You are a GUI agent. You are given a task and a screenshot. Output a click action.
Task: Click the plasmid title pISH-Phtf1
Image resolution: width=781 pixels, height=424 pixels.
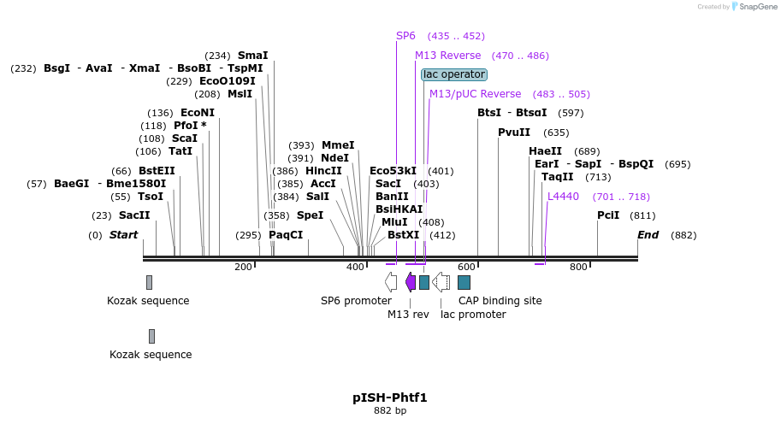389,397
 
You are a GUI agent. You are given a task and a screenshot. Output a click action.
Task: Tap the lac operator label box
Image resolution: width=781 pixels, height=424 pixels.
454,74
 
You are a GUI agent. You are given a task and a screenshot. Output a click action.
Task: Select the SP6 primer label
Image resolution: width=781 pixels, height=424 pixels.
405,36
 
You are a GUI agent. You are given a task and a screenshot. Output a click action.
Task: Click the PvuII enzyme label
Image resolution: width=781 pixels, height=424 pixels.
514,132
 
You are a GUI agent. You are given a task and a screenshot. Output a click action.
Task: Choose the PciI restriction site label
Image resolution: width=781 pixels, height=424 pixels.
608,215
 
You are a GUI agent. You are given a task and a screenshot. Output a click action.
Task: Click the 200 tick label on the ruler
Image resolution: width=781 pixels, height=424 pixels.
243,267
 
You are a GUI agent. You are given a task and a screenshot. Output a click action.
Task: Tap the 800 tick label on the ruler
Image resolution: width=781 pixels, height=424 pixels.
578,267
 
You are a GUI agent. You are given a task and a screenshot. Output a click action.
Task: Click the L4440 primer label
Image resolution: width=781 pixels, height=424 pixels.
563,197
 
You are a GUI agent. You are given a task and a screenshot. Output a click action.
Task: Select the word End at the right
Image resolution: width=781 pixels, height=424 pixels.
648,235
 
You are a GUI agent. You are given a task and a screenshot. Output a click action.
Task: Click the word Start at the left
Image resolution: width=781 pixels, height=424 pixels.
123,235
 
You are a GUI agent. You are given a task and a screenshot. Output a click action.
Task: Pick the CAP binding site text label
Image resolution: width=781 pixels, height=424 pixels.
500,301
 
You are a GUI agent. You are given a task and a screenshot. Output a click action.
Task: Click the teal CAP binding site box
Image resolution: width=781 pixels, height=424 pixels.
464,282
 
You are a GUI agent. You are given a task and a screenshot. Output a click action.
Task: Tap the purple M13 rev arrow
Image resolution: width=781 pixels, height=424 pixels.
411,282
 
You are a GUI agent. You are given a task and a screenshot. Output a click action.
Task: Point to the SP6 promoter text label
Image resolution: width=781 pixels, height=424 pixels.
356,301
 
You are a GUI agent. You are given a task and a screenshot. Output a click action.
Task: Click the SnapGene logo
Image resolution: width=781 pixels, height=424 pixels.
752,6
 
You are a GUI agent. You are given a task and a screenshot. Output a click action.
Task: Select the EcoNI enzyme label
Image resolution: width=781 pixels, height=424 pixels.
198,113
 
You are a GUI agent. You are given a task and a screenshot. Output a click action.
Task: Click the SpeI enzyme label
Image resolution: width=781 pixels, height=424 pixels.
310,215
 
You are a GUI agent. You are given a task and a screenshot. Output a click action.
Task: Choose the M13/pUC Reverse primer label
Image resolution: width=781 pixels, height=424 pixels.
475,94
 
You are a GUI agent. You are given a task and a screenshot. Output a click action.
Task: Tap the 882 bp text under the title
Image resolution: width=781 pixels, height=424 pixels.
389,411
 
